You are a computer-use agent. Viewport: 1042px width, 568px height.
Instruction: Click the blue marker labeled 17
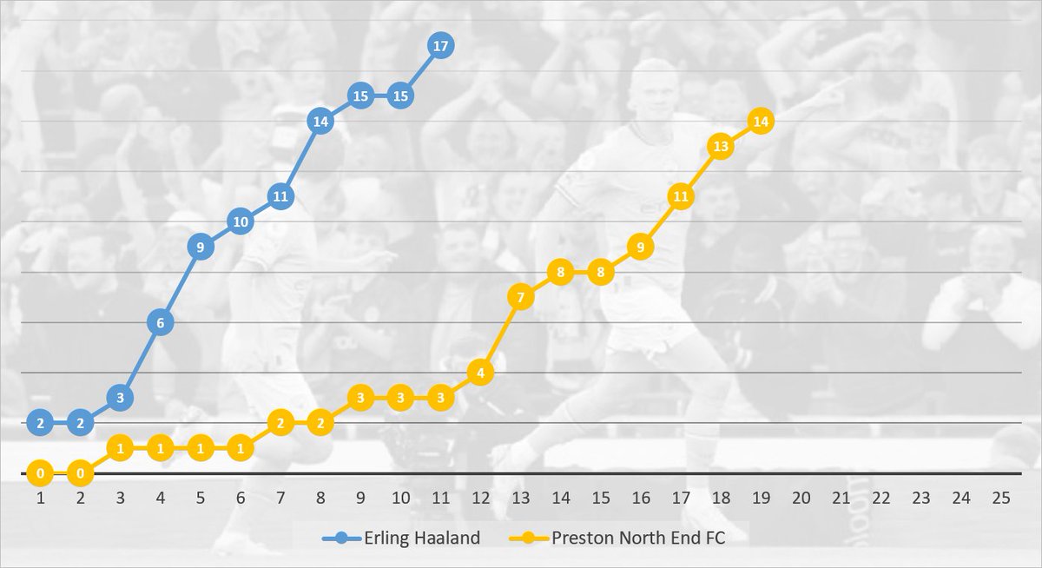[x=440, y=46]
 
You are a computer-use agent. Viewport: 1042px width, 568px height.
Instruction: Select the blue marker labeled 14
[x=320, y=122]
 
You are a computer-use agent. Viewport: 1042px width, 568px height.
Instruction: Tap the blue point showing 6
[x=160, y=323]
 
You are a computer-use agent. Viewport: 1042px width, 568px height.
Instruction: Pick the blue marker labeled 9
[x=200, y=248]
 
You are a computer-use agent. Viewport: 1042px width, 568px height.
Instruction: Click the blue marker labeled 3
[x=120, y=398]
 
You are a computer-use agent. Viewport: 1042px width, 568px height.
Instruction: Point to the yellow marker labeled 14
[x=761, y=122]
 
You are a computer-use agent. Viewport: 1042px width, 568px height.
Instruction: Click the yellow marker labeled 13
[x=721, y=147]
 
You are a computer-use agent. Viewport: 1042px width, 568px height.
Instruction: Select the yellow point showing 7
[x=520, y=298]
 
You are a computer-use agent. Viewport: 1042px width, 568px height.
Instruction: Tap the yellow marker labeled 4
[x=480, y=373]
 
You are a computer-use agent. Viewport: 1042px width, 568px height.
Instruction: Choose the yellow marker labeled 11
[x=681, y=197]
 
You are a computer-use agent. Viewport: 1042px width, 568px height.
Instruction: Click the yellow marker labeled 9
[x=640, y=248]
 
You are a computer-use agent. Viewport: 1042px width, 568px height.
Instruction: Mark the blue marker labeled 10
[x=240, y=222]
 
